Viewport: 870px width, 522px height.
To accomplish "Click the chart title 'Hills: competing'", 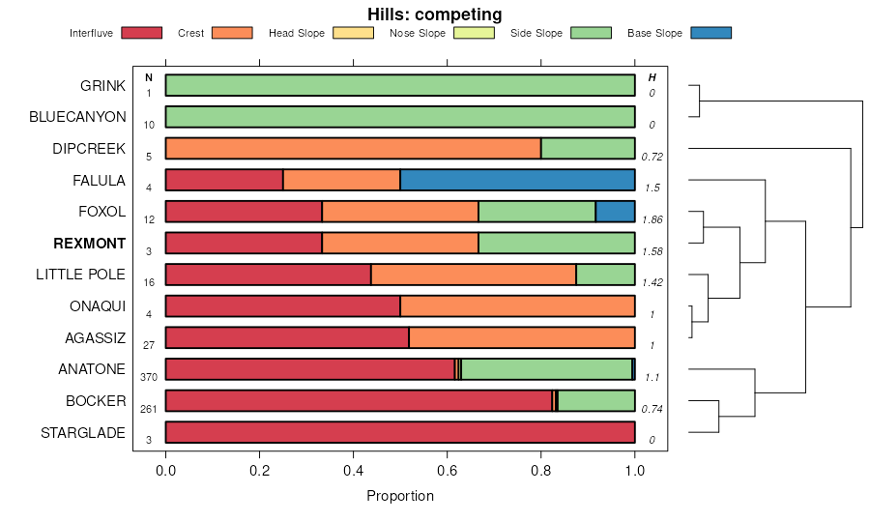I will click(x=434, y=14).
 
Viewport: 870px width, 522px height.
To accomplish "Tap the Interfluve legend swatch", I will click(x=141, y=33).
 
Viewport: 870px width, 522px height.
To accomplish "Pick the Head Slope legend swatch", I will click(x=353, y=33).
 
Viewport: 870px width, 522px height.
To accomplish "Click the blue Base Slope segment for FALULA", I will click(x=517, y=180).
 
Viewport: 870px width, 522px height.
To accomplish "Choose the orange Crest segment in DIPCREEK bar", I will click(x=353, y=148).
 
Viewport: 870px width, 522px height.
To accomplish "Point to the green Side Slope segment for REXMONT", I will click(x=556, y=243).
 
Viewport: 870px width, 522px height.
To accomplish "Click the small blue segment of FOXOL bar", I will click(x=615, y=212).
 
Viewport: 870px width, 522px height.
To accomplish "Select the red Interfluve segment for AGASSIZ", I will click(x=287, y=337).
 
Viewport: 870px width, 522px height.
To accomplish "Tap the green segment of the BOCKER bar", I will click(x=596, y=401).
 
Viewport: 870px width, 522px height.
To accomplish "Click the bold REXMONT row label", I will click(x=89, y=243).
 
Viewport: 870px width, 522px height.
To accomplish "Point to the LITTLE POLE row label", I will click(x=80, y=275).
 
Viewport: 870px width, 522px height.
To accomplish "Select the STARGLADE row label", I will click(x=83, y=432).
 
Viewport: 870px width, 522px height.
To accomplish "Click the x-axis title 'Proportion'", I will click(x=400, y=496).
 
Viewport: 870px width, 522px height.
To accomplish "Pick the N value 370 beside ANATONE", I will click(x=149, y=377).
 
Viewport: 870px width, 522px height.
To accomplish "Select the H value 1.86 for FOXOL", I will click(x=652, y=219).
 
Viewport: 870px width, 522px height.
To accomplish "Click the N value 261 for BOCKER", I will click(x=149, y=409).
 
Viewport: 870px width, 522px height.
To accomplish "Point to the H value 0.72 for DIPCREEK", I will click(x=652, y=157).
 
